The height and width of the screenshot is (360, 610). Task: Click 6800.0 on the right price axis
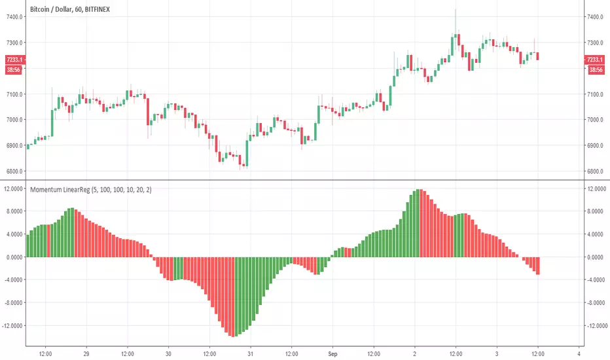tap(596, 171)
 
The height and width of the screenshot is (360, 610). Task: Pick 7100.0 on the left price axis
tap(13, 94)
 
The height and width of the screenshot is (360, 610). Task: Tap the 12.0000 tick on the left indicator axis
tap(12, 189)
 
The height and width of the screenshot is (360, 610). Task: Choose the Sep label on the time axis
tap(332, 350)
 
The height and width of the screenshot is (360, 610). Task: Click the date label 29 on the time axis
tap(86, 350)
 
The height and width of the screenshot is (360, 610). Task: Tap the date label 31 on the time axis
tap(251, 350)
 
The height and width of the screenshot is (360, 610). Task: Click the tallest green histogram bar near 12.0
tap(419, 223)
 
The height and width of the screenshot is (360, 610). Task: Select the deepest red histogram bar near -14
tap(232, 297)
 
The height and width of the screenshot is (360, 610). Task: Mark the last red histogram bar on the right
tap(537, 266)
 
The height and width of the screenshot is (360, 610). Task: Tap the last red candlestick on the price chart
tap(537, 56)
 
